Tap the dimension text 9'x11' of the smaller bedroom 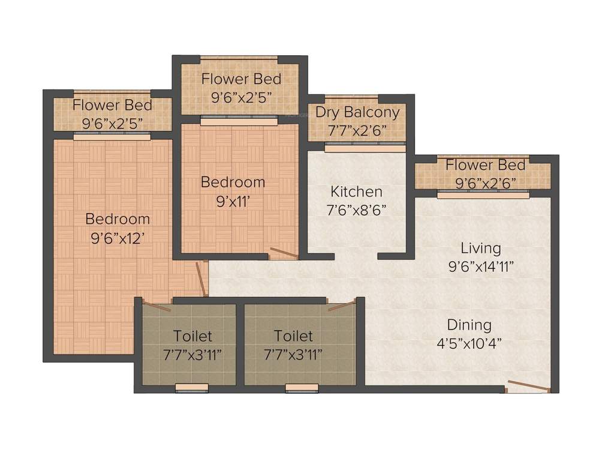coord(232,201)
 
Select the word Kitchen coord(356,192)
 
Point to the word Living coord(480,248)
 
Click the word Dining coord(469,325)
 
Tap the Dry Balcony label coord(357,112)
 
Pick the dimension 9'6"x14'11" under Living coord(480,267)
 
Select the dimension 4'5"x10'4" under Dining coord(469,344)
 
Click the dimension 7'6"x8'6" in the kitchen coord(357,210)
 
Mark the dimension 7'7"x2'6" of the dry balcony coord(357,130)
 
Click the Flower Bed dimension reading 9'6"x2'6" coord(486,182)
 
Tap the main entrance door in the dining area coord(528,387)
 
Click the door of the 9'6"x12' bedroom coord(203,279)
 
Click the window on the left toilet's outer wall coord(192,388)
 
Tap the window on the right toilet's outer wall coord(302,388)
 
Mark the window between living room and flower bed coord(483,194)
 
